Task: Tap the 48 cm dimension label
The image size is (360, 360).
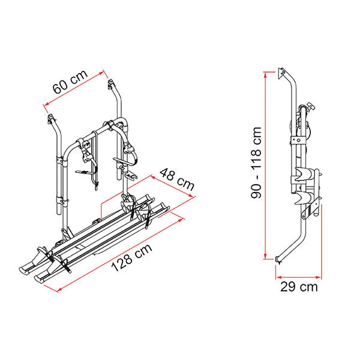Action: click(177, 179)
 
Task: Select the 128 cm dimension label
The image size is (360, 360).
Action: click(131, 257)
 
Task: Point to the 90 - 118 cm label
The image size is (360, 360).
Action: click(256, 163)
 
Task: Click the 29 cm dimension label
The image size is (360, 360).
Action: click(299, 287)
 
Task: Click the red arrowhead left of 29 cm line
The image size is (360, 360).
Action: click(278, 277)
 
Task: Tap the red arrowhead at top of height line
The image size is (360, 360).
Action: click(265, 74)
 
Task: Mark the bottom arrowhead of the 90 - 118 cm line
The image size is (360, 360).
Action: click(265, 256)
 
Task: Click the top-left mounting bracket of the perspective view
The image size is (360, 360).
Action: click(52, 118)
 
